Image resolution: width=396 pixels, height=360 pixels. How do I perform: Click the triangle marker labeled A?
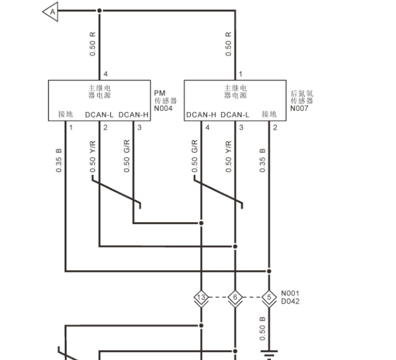click(50, 12)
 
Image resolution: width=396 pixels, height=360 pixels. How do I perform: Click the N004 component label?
click(163, 108)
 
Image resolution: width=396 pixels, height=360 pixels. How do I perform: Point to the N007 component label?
click(299, 108)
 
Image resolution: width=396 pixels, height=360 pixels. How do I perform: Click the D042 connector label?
click(290, 301)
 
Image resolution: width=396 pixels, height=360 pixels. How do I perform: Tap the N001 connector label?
click(290, 293)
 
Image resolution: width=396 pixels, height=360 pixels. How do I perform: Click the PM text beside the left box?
click(159, 93)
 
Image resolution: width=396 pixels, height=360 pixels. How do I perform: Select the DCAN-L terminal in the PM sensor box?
click(99, 115)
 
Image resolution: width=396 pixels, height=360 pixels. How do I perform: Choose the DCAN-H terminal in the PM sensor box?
click(133, 115)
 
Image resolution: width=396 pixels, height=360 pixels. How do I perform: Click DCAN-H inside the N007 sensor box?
click(201, 115)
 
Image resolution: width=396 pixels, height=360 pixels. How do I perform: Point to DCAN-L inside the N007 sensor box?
click(235, 115)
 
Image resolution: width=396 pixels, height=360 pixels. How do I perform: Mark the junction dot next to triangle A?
click(100, 10)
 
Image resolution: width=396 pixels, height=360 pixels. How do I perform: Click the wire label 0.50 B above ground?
click(262, 329)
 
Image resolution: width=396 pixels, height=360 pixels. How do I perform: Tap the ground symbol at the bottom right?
click(269, 355)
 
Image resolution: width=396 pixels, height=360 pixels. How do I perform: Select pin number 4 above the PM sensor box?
click(106, 74)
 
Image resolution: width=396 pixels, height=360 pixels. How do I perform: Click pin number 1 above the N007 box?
click(241, 74)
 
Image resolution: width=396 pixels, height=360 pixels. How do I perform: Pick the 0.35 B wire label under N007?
click(262, 161)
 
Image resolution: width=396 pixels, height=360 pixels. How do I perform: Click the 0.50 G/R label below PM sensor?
click(127, 156)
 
